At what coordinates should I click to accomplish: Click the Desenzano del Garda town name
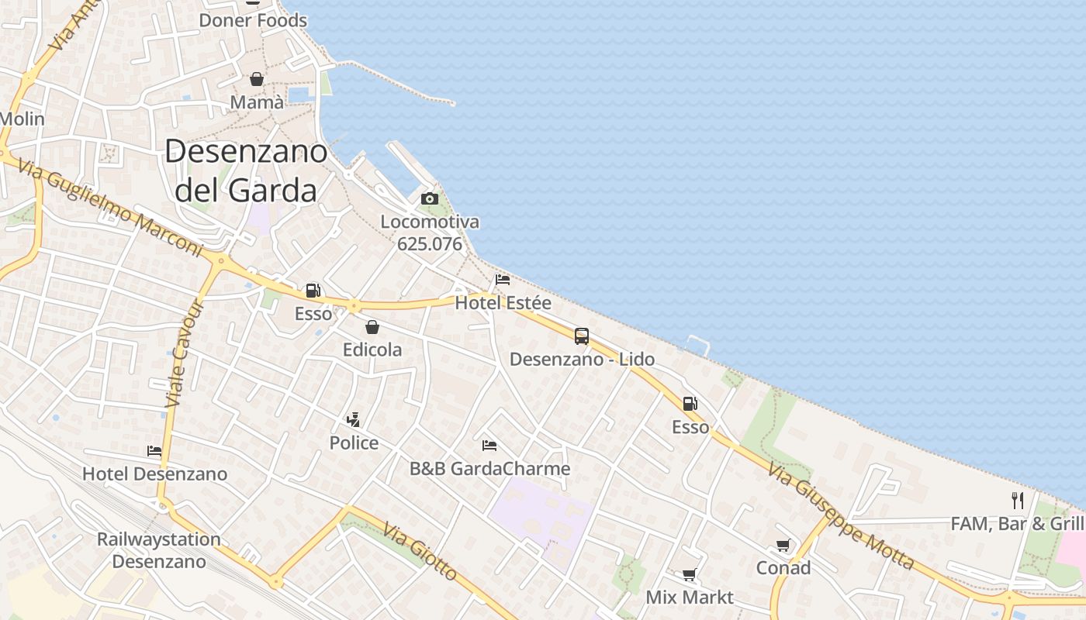[246, 170]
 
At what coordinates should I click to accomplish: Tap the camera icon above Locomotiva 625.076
[430, 198]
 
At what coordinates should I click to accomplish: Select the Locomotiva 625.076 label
[430, 233]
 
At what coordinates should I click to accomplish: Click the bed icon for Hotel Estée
[503, 280]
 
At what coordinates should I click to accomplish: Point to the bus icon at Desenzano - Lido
[582, 336]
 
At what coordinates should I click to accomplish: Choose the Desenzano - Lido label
[582, 360]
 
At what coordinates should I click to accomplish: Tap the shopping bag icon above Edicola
[372, 327]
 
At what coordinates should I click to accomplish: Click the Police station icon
[354, 420]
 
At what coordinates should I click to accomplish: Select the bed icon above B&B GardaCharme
[489, 446]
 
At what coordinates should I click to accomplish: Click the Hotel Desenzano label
[155, 474]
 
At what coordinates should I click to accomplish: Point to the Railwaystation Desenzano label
[159, 550]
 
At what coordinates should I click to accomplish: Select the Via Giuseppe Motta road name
[841, 515]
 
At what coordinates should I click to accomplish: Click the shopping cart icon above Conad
[783, 546]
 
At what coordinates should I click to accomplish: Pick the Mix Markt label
[690, 598]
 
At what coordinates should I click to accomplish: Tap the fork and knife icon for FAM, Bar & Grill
[1018, 500]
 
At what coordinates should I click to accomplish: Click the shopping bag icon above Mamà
[257, 79]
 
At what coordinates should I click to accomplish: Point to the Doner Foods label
[254, 21]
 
